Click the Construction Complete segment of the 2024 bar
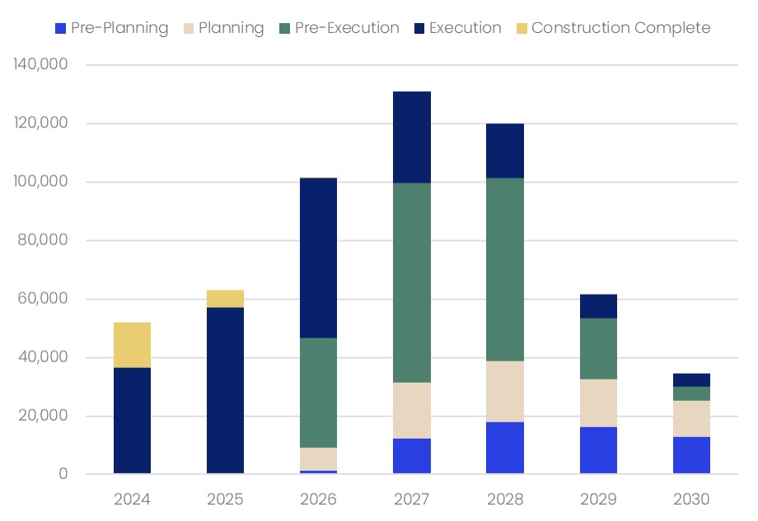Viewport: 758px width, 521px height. pos(132,345)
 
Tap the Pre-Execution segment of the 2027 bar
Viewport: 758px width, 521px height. pos(411,282)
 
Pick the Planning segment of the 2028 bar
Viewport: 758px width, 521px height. pos(504,391)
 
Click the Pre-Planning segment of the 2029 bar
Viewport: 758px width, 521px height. pos(598,450)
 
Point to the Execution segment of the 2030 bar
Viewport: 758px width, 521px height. pos(691,380)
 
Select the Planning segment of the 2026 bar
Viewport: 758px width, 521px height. pos(318,459)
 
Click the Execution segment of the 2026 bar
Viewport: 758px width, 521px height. pos(318,258)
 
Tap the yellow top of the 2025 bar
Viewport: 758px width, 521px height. pos(225,299)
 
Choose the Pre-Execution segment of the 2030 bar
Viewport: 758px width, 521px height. pos(691,393)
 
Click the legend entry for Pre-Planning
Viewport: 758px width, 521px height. pos(111,28)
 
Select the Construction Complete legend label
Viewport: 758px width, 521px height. pos(620,28)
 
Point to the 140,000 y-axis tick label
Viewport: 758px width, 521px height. pos(40,65)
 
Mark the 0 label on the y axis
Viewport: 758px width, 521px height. pos(63,474)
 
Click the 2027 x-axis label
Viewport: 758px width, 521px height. pos(411,499)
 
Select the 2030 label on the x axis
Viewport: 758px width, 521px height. pos(691,499)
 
